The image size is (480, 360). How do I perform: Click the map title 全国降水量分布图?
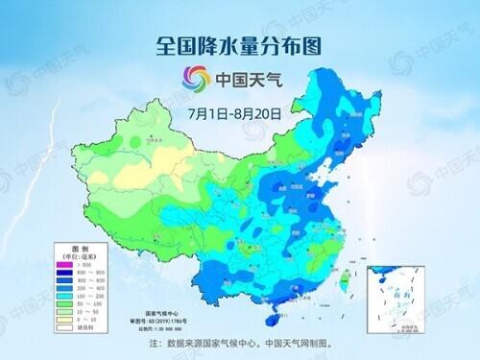pyautogui.click(x=240, y=44)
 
